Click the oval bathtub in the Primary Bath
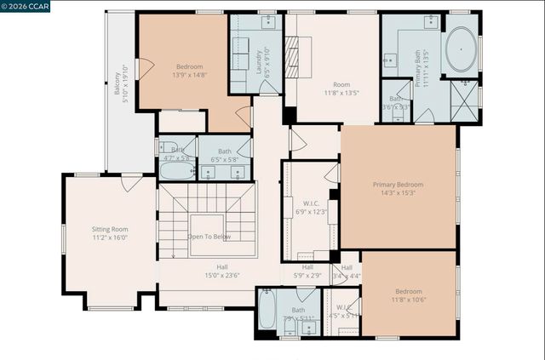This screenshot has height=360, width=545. click(x=462, y=49)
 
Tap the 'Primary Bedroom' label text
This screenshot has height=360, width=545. click(x=398, y=184)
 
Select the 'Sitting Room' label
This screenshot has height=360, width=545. click(x=110, y=229)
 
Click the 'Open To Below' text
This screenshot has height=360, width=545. click(x=209, y=236)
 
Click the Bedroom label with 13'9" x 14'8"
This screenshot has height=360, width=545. click(x=189, y=66)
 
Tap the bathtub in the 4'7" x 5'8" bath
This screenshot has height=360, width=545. click(x=177, y=170)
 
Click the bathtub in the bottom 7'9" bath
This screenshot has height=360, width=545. click(x=267, y=311)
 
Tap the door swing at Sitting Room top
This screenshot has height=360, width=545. click(x=131, y=182)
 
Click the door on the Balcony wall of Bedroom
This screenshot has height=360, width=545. click(x=145, y=67)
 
